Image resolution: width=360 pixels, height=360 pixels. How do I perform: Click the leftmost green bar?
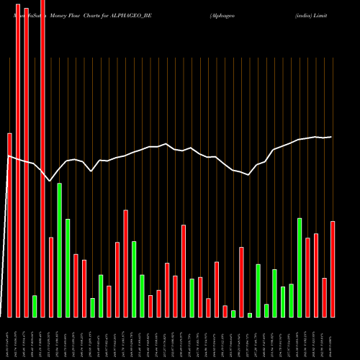pyautogui.click(x=35, y=306)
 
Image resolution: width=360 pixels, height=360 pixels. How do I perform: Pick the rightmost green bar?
pyautogui.click(x=300, y=267)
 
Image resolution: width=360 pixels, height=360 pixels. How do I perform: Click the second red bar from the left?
pyautogui.click(x=18, y=158)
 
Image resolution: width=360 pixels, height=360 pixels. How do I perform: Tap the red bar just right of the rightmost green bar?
pyautogui.click(x=307, y=277)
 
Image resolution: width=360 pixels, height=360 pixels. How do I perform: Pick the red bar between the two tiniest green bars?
pyautogui.click(x=241, y=282)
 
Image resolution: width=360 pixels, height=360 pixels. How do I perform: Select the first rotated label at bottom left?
pyautogui.click(x=9, y=338)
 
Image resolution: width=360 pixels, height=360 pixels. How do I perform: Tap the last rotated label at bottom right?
pyautogui.click(x=333, y=338)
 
